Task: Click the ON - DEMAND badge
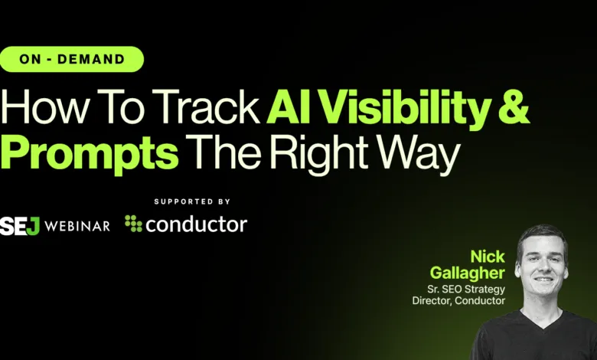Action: pyautogui.click(x=72, y=59)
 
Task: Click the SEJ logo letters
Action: pyautogui.click(x=20, y=225)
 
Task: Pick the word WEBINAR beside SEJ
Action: pyautogui.click(x=77, y=226)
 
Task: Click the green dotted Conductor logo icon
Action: pyautogui.click(x=133, y=224)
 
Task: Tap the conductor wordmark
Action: pyautogui.click(x=197, y=224)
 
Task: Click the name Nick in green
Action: pyautogui.click(x=488, y=257)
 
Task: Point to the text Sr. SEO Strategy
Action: pyautogui.click(x=466, y=289)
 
